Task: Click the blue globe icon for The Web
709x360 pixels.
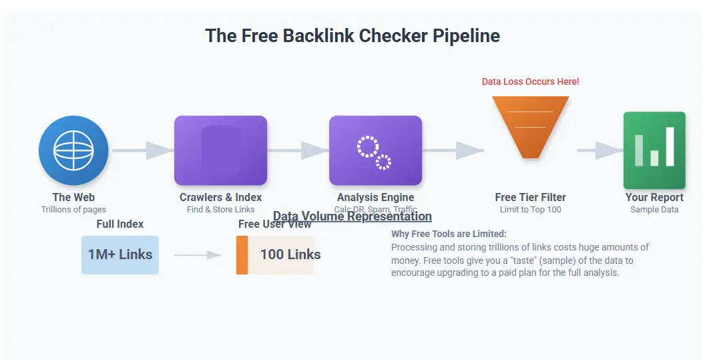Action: (x=73, y=150)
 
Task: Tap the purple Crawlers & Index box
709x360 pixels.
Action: (x=220, y=150)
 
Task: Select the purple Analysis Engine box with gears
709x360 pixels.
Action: (x=375, y=150)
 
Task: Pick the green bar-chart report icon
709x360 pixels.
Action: (x=654, y=150)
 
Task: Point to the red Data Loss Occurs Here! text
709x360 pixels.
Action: (x=531, y=81)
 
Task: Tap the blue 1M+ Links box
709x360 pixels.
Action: (x=120, y=254)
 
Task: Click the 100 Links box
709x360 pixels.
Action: (x=280, y=254)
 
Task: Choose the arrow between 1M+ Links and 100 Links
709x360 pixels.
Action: (x=198, y=254)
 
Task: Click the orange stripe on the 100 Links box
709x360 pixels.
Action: (x=242, y=254)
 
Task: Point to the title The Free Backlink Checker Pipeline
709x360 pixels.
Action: (x=352, y=35)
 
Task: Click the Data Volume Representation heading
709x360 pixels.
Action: (x=352, y=216)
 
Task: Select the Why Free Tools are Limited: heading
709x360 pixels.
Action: (x=449, y=234)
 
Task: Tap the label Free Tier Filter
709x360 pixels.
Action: (x=531, y=197)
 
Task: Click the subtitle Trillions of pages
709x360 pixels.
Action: (x=73, y=209)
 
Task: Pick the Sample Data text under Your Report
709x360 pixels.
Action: (x=654, y=209)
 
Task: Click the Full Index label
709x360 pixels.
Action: (x=120, y=224)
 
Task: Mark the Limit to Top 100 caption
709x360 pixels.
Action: (x=531, y=209)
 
